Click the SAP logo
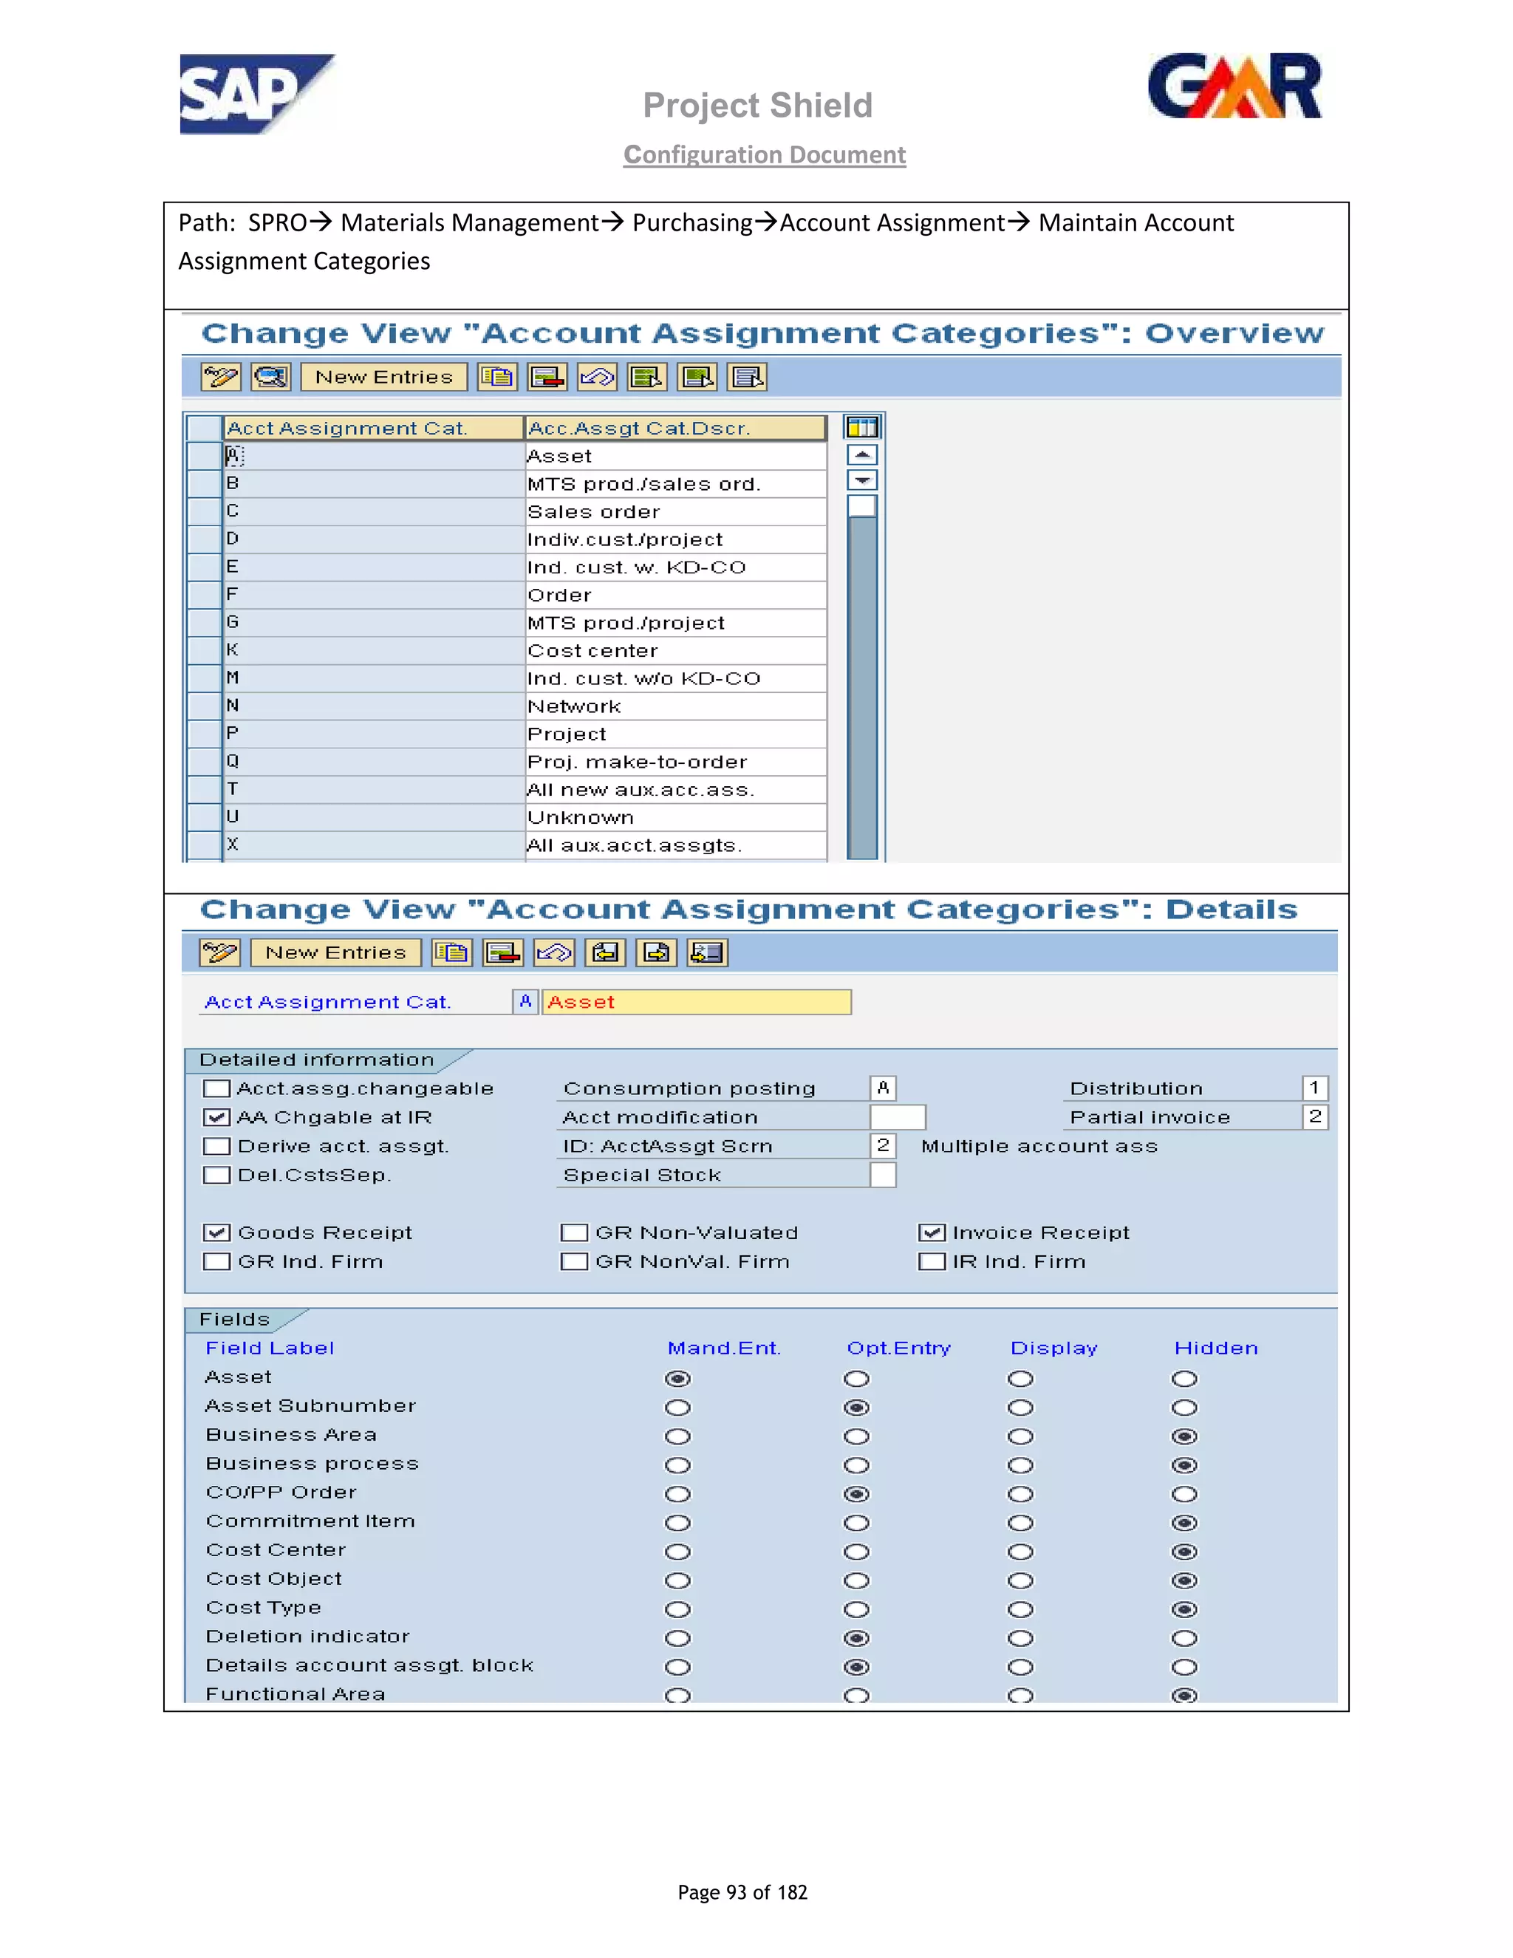[256, 94]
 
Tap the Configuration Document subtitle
[764, 155]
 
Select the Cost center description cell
[674, 651]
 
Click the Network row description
[674, 706]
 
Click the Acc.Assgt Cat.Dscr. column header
[674, 429]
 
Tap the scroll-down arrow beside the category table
[861, 480]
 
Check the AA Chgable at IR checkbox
[216, 1117]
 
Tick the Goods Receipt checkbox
[216, 1232]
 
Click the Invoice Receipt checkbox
[932, 1232]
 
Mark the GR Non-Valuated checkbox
[573, 1232]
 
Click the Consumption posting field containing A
[883, 1088]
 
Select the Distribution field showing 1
[1314, 1088]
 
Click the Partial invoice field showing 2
[1314, 1117]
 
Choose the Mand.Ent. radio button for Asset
[677, 1379]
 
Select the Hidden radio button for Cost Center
[1184, 1552]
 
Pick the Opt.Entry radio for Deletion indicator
[856, 1639]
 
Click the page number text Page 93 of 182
[742, 1892]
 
